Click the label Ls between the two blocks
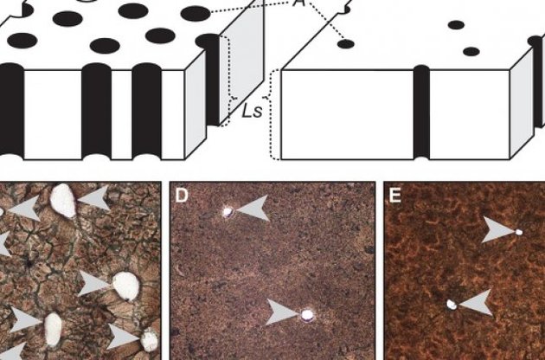pyautogui.click(x=252, y=112)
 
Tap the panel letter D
pyautogui.click(x=182, y=195)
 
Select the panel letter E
pyautogui.click(x=395, y=196)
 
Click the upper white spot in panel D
pyautogui.click(x=228, y=211)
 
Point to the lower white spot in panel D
pyautogui.click(x=307, y=315)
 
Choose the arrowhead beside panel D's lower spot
pyautogui.click(x=283, y=312)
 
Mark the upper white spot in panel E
pyautogui.click(x=518, y=232)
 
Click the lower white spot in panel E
pyautogui.click(x=452, y=305)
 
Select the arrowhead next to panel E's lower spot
pyautogui.click(x=476, y=303)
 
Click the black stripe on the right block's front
pyautogui.click(x=421, y=112)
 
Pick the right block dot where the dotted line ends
pyautogui.click(x=346, y=44)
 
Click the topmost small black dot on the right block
pyautogui.click(x=457, y=25)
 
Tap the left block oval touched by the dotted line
pyautogui.click(x=196, y=14)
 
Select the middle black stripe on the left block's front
pyautogui.click(x=97, y=112)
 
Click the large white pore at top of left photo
pyautogui.click(x=63, y=201)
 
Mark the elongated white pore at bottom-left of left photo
pyautogui.click(x=53, y=330)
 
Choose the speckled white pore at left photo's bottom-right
pyautogui.click(x=150, y=340)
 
